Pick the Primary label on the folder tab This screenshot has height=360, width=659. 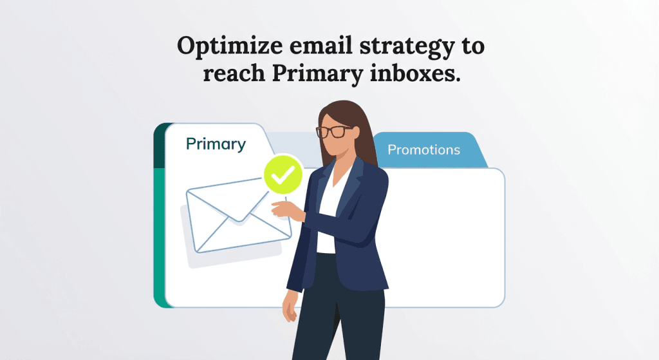216,144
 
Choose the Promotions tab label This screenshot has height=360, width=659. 423,150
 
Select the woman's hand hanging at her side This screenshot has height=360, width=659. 290,310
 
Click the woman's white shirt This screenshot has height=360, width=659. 328,213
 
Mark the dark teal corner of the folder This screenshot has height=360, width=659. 159,146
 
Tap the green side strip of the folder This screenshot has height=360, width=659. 159,238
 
